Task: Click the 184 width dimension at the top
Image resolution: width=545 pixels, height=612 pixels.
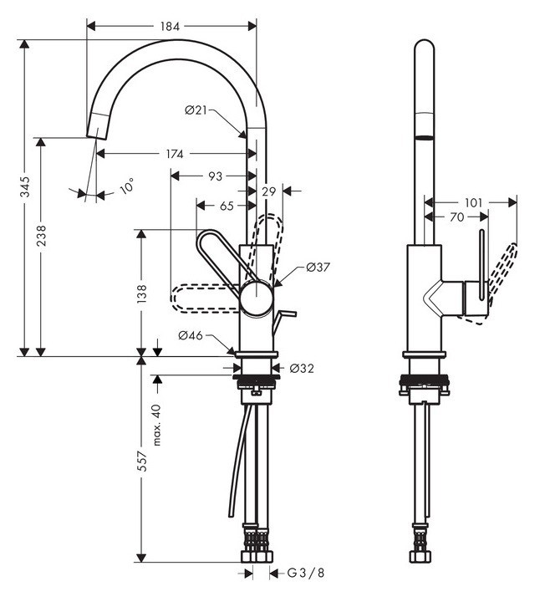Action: point(170,26)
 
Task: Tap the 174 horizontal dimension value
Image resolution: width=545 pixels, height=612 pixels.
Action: point(175,154)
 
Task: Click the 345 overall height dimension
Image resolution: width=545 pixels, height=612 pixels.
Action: point(25,186)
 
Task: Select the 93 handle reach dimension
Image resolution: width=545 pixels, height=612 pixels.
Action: point(215,176)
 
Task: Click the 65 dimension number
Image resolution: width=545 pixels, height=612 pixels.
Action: point(227,205)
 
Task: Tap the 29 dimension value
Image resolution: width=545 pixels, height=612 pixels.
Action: point(268,192)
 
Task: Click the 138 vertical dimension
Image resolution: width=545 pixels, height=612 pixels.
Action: point(142,293)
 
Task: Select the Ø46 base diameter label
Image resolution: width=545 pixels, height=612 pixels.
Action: point(191,335)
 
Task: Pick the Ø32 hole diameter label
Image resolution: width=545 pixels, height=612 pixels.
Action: point(302,368)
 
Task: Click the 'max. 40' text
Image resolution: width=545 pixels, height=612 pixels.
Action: point(156,424)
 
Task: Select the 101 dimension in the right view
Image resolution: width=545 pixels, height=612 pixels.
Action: point(473,201)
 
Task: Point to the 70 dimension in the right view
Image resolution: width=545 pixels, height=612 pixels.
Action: point(456,217)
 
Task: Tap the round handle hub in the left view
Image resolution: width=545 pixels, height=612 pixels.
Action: point(256,298)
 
